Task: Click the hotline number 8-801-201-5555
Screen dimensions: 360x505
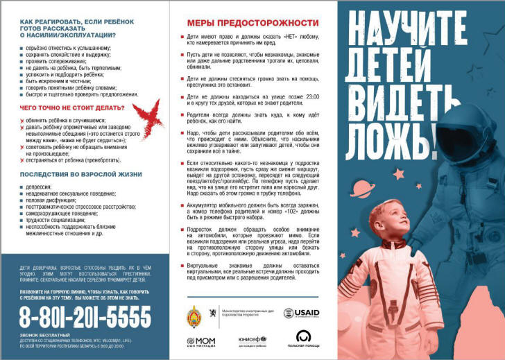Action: pos(85,318)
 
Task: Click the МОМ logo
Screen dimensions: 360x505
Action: pos(201,342)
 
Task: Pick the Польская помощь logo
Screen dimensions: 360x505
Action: pos(303,338)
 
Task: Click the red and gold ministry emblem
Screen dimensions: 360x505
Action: pos(196,316)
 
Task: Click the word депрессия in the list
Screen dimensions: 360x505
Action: pos(39,187)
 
